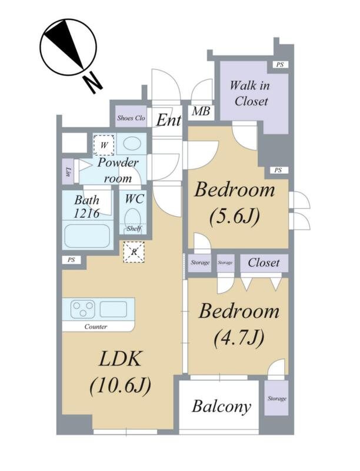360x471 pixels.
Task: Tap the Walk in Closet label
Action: pyautogui.click(x=250, y=93)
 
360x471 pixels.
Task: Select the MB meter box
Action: pyautogui.click(x=201, y=112)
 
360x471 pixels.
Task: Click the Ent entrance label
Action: pyautogui.click(x=168, y=120)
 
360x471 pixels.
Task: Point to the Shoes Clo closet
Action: pyautogui.click(x=131, y=117)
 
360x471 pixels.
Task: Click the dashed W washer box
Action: pyautogui.click(x=104, y=145)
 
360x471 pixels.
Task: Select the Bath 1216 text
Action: pyautogui.click(x=86, y=207)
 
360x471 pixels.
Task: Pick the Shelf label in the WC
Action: pyautogui.click(x=134, y=229)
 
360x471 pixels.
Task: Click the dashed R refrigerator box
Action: pyautogui.click(x=134, y=252)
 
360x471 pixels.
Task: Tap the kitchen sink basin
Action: pyautogui.click(x=114, y=309)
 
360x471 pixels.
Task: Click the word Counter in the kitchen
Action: pyautogui.click(x=96, y=327)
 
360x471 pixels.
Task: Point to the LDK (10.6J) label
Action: pyautogui.click(x=121, y=372)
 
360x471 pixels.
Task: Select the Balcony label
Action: pyautogui.click(x=221, y=407)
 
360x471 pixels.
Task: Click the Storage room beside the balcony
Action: pyautogui.click(x=276, y=399)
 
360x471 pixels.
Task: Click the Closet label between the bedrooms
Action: pyautogui.click(x=264, y=263)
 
